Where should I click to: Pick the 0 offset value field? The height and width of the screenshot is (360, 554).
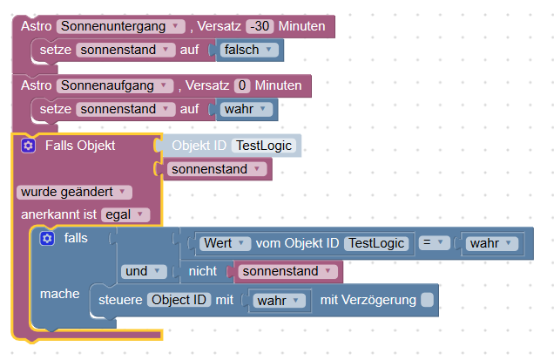tap(243, 85)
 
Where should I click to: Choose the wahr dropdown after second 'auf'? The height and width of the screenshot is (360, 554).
tap(246, 110)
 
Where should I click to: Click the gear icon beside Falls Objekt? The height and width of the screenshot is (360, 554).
tap(28, 146)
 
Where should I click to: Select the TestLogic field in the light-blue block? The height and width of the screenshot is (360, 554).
tap(266, 146)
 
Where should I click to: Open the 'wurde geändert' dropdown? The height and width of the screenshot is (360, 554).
tap(74, 191)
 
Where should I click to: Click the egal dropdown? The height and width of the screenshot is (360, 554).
tap(125, 214)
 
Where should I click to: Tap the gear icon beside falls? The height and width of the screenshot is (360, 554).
tap(47, 238)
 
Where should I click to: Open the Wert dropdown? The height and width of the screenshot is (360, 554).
tap(226, 243)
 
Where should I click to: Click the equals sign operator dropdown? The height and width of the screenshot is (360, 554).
tap(436, 243)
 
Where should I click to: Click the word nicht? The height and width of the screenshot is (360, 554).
tap(202, 272)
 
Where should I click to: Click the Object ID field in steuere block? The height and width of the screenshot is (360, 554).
tap(178, 300)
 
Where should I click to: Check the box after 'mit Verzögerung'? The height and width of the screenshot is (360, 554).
tap(427, 300)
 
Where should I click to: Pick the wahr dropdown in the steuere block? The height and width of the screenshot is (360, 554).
tap(280, 301)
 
